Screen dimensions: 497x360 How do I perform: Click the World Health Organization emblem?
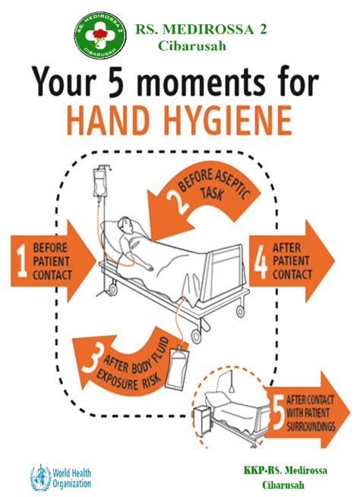[39, 476]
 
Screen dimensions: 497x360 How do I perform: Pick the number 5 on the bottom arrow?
[277, 410]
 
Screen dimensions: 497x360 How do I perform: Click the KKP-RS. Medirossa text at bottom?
[286, 470]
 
